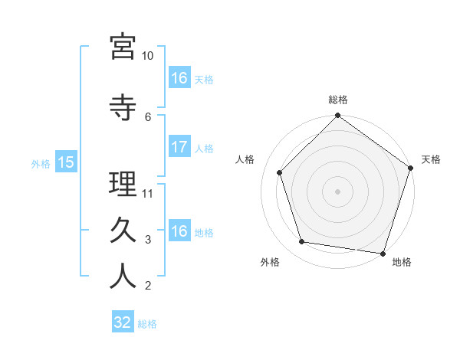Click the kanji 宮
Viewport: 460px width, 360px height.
pos(123,47)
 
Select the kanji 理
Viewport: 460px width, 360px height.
pos(123,184)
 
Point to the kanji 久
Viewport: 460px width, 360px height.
pos(123,230)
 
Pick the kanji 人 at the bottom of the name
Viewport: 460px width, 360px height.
pos(123,276)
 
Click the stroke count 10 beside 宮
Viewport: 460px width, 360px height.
pos(147,56)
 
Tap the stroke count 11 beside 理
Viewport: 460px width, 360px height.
pos(148,194)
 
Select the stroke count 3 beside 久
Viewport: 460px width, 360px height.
pos(148,240)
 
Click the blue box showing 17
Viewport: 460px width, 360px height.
pos(179,147)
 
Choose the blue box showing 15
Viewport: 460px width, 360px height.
pos(65,162)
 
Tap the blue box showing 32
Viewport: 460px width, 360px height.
pos(123,322)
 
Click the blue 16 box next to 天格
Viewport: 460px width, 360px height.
pos(179,77)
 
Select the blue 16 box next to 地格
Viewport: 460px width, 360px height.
pos(179,231)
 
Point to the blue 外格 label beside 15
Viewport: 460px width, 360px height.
pos(41,163)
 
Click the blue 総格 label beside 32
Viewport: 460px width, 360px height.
pos(147,324)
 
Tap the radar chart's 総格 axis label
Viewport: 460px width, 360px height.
pos(337,100)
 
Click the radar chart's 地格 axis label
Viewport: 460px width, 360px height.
pos(402,262)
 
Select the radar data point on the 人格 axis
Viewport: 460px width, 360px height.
pos(280,173)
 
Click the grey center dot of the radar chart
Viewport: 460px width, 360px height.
pos(337,191)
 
